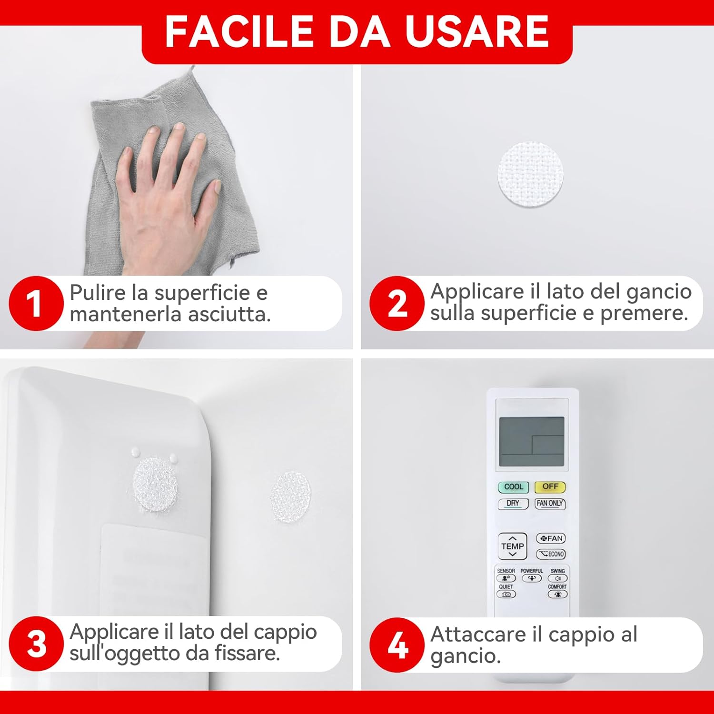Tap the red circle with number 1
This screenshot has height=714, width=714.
pos(36,303)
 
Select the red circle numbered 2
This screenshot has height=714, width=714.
pos(397,303)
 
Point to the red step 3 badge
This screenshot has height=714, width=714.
pos(36,644)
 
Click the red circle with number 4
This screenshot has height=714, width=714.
pos(397,645)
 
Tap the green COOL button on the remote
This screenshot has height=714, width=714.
pos(513,487)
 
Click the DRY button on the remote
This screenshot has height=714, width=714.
pos(513,504)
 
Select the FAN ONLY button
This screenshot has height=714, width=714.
pos(550,504)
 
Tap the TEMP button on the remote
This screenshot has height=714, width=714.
pos(512,546)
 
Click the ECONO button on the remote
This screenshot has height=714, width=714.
pos(551,554)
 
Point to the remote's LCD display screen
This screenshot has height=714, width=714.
pos(532,442)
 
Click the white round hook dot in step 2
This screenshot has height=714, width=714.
pos(530,174)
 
